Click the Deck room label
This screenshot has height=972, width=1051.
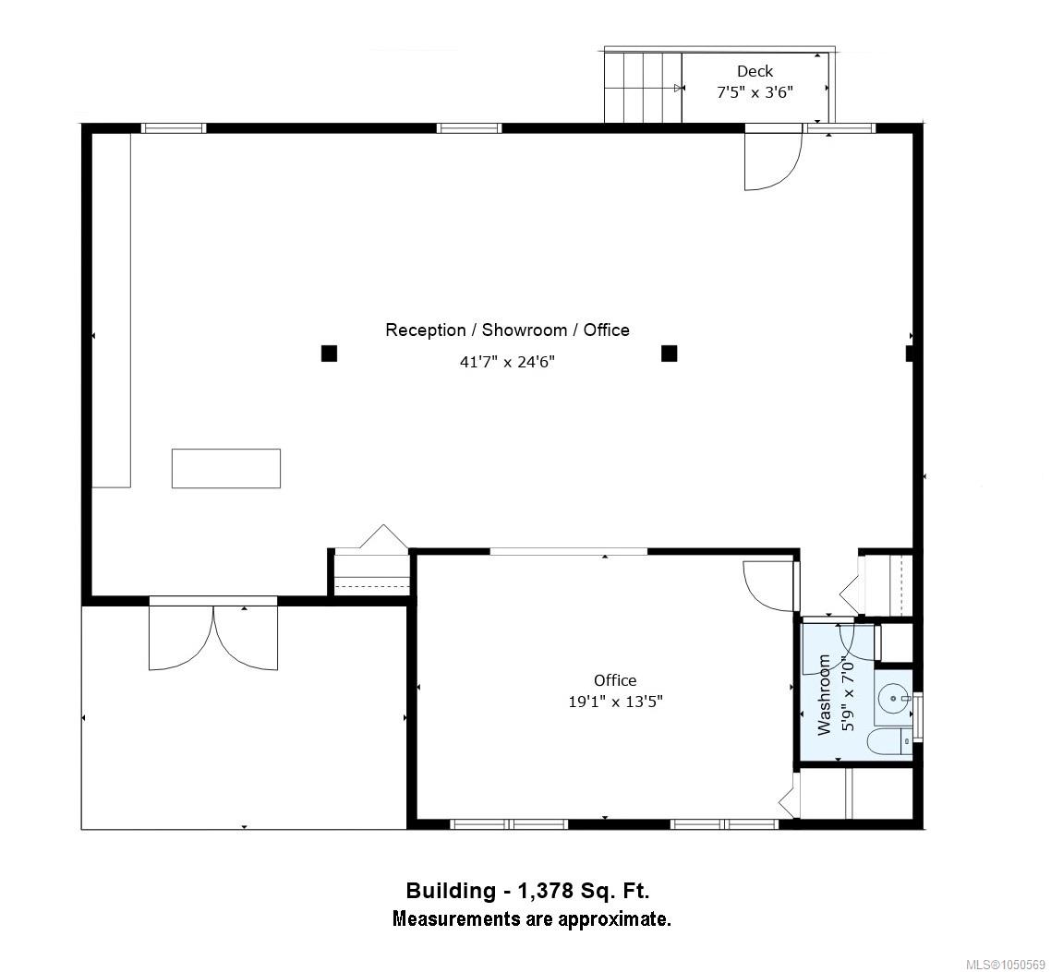point(755,71)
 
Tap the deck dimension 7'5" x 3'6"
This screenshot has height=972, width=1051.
point(755,92)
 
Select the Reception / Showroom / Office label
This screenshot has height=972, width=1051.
point(507,330)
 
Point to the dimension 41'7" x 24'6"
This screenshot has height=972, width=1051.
point(507,362)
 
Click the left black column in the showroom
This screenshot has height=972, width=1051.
point(329,353)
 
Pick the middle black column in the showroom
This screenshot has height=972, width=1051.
point(669,353)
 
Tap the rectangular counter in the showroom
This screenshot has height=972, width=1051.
point(226,468)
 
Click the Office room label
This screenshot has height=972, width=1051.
point(615,680)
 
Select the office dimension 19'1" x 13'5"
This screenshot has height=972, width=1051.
point(615,702)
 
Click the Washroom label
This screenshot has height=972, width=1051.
point(825,695)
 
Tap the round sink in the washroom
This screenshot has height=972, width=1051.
point(893,699)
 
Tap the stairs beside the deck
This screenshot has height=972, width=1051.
point(644,88)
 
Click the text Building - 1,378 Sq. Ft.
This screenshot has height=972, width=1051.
point(527,890)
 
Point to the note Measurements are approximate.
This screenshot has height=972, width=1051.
point(532,918)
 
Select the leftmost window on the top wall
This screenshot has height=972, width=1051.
point(174,128)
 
